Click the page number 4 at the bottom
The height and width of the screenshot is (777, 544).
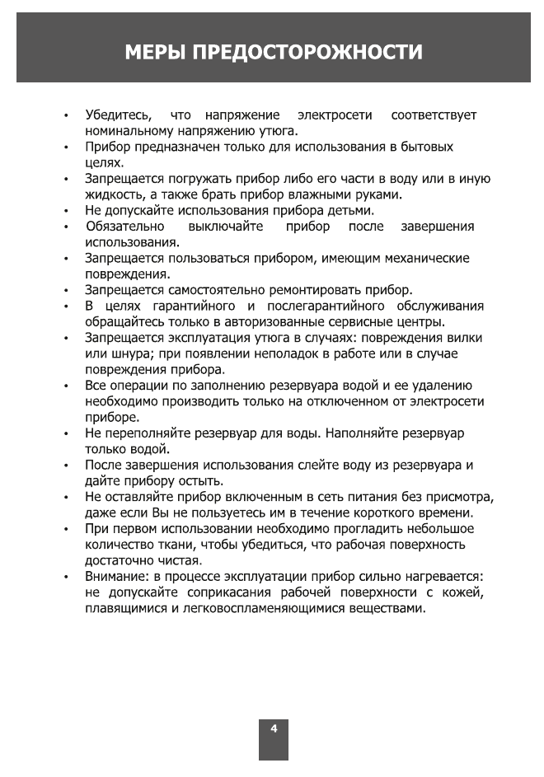(274, 728)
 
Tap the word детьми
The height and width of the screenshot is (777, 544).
(349, 210)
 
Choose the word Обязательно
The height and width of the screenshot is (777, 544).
(124, 226)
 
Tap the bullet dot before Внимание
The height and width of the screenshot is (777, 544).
(65, 578)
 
